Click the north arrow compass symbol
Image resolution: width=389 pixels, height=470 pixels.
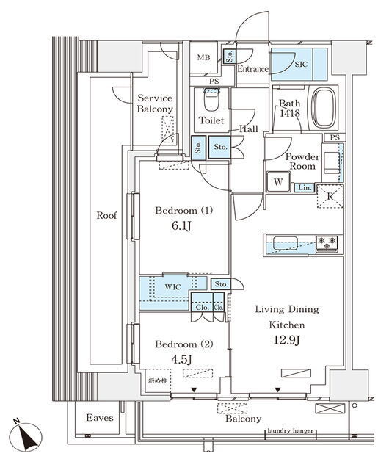(26, 436)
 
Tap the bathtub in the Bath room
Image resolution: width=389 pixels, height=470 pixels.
(324, 108)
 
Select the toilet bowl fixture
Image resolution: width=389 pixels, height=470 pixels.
(211, 100)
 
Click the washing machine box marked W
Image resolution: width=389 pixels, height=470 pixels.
(278, 181)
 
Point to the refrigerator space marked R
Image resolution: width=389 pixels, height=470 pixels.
(330, 197)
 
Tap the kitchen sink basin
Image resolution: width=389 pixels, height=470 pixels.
(286, 242)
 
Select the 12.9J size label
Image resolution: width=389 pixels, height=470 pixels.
(286, 340)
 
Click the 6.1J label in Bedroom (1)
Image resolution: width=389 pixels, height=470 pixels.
(181, 226)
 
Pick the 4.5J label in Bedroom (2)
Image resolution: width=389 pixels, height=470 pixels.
(181, 359)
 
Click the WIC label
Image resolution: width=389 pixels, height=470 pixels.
(172, 287)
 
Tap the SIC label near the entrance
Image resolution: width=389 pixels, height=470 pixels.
(301, 64)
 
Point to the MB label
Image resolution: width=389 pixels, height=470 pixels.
(203, 57)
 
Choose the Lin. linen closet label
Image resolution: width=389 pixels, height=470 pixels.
(305, 188)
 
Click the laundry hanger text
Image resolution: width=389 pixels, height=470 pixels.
(290, 431)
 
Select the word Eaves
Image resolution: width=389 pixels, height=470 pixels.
(100, 418)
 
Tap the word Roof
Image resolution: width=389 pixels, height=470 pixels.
(106, 215)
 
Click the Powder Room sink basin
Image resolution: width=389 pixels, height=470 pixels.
(331, 163)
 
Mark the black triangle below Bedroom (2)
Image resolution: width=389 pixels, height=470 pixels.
(194, 390)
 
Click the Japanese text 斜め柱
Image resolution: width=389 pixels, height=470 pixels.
(158, 380)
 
